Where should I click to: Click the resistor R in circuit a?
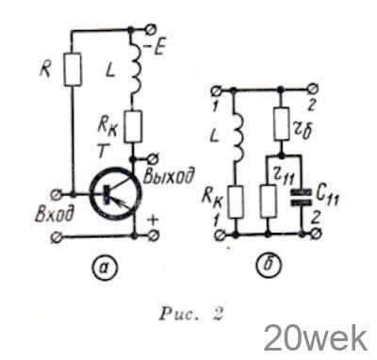[73, 70]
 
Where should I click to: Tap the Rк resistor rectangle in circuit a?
[134, 126]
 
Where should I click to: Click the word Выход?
[168, 176]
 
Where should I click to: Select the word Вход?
[56, 213]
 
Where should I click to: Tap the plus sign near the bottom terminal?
[153, 221]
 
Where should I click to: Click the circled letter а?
[105, 267]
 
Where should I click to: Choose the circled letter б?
[269, 266]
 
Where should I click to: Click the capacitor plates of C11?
[302, 197]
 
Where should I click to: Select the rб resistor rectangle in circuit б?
[282, 123]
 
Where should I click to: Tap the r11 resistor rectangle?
[269, 202]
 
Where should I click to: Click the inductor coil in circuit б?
[238, 136]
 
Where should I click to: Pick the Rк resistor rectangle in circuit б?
[235, 202]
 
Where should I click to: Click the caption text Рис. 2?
[191, 314]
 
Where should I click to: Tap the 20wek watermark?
[315, 339]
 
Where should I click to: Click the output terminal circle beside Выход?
[154, 157]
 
